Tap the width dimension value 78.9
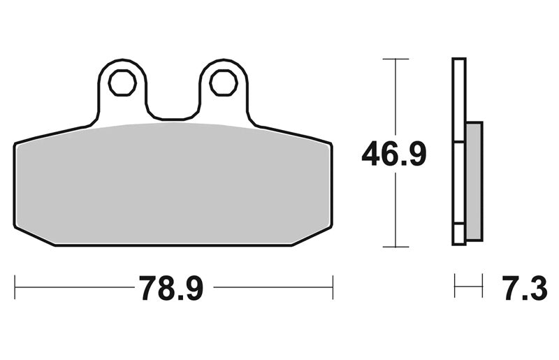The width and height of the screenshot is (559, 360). [171, 288]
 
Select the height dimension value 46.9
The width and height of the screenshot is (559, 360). [394, 153]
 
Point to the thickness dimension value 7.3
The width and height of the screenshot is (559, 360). [525, 288]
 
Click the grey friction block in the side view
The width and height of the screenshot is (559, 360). [474, 181]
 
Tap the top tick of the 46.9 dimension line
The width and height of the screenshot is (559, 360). [395, 59]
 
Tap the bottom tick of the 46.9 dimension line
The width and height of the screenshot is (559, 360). [395, 247]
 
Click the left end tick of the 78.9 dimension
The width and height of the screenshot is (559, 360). [15, 287]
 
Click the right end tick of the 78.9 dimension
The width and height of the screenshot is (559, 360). [333, 287]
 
